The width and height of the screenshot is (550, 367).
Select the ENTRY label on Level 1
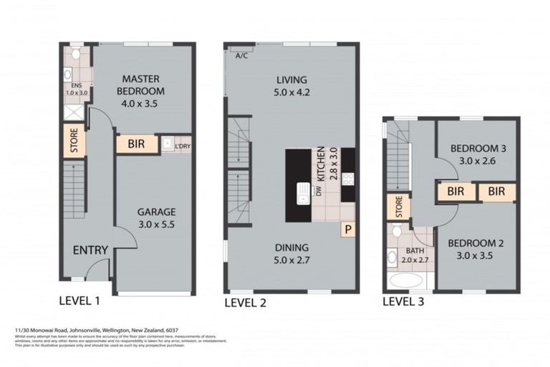click(90, 249)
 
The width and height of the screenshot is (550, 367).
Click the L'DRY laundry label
click(182, 144)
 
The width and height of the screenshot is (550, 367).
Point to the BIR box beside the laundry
click(137, 144)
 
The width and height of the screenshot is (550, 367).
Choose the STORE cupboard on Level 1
click(74, 141)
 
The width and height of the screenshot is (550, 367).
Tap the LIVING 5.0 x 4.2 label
click(290, 85)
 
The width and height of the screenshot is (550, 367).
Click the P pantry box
click(347, 229)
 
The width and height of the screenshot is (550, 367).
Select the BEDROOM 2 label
click(476, 248)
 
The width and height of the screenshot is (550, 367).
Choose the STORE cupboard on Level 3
click(397, 207)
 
